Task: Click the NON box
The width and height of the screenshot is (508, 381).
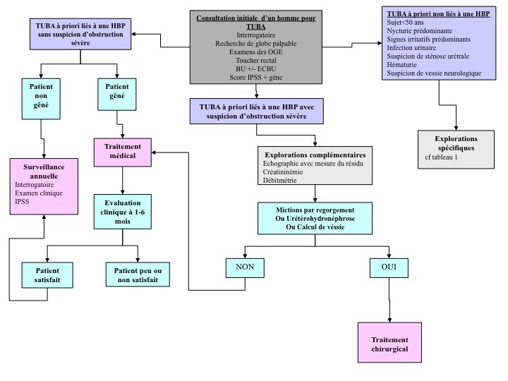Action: click(x=244, y=268)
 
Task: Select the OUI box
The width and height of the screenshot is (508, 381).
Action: click(x=388, y=268)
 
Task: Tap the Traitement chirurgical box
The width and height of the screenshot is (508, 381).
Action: click(x=390, y=344)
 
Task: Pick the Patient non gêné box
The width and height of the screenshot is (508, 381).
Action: click(x=42, y=98)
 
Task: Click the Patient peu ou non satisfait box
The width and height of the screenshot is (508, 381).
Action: click(x=138, y=275)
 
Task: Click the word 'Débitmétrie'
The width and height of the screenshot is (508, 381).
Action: click(x=282, y=181)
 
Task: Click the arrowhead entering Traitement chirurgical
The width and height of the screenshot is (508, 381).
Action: click(x=390, y=320)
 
